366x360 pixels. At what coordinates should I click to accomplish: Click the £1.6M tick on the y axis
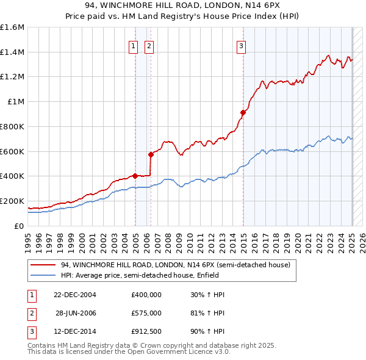coord(12,27)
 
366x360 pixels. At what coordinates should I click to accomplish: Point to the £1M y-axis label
coord(15,102)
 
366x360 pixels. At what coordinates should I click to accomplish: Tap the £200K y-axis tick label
coord(12,201)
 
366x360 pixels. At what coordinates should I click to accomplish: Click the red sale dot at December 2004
coord(135,176)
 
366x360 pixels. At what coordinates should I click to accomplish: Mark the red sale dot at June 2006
coord(151,154)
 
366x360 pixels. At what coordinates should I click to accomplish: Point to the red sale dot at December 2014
coord(242,112)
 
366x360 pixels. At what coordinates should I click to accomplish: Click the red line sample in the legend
coord(42,265)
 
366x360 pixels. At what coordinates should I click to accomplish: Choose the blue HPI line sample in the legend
coord(42,276)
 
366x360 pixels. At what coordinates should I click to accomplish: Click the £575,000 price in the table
coord(146,313)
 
